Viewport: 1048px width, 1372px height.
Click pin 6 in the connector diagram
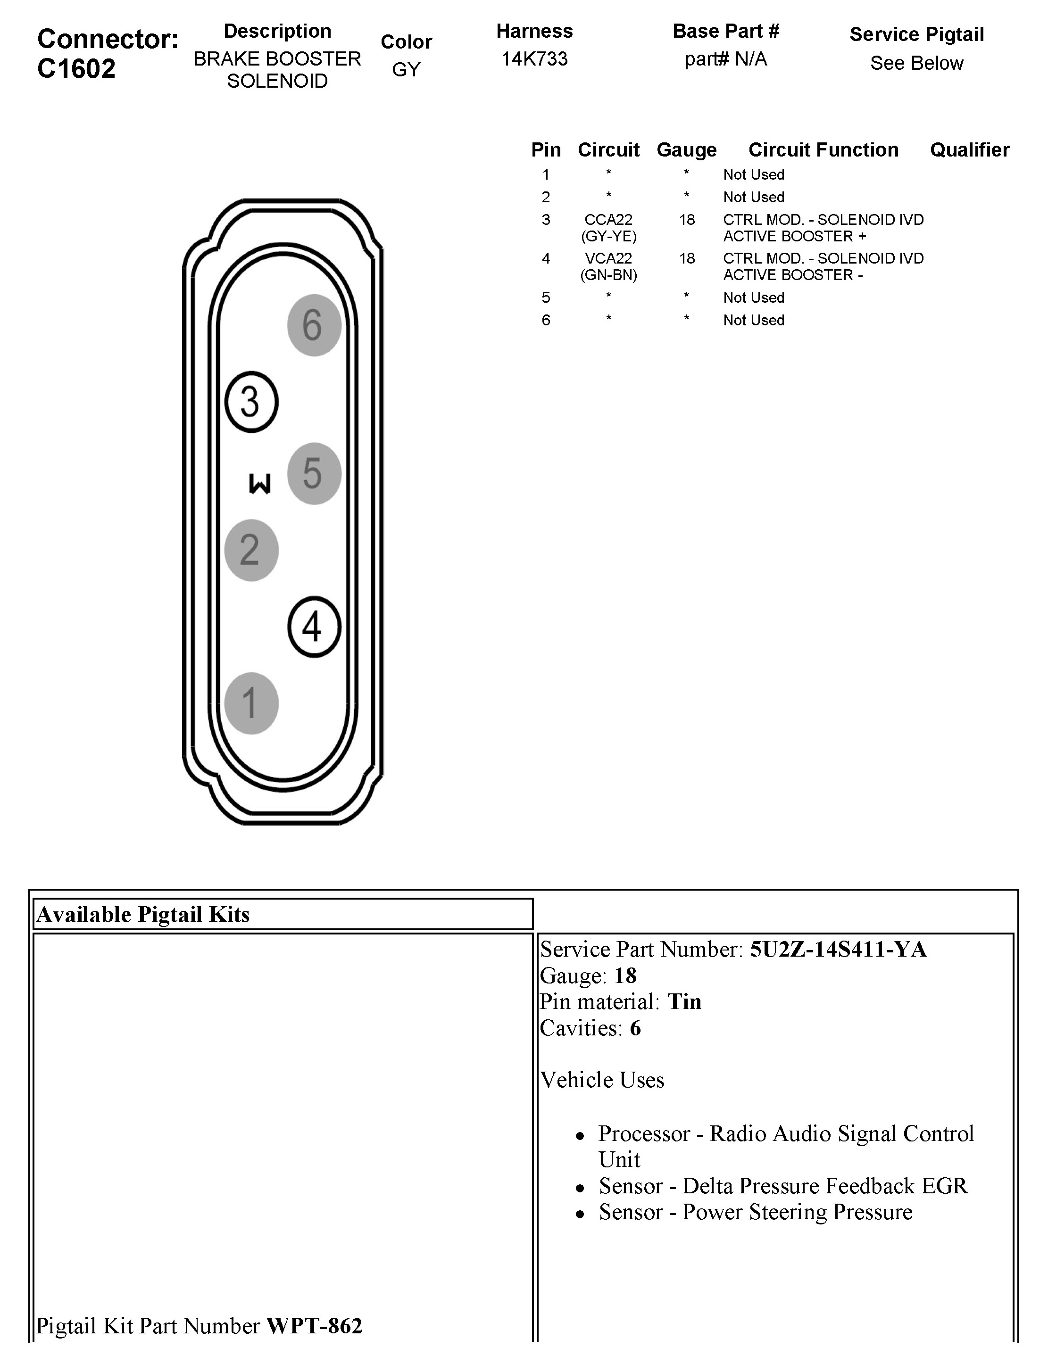pos(314,325)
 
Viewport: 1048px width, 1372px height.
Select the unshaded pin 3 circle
pos(251,402)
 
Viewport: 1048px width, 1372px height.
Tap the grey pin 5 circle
pos(314,473)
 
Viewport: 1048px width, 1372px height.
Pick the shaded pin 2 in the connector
pos(251,550)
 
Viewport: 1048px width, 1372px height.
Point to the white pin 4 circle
pos(314,627)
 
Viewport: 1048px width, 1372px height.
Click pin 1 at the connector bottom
pos(251,703)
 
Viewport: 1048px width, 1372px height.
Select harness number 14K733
pos(534,58)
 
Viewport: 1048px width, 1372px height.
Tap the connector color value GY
pos(406,69)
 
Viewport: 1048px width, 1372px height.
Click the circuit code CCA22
pos(608,220)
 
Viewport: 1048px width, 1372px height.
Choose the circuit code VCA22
pos(608,258)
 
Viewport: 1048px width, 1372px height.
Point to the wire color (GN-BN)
pos(608,275)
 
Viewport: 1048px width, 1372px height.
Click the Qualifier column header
pos(969,149)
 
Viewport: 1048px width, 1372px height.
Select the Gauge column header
pos(686,149)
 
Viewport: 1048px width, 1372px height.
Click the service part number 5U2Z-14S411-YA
pos(838,949)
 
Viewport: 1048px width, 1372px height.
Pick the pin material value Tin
pos(684,1001)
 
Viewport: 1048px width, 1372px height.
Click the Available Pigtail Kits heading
pos(143,914)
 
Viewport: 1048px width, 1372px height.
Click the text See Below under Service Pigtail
pos(916,63)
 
